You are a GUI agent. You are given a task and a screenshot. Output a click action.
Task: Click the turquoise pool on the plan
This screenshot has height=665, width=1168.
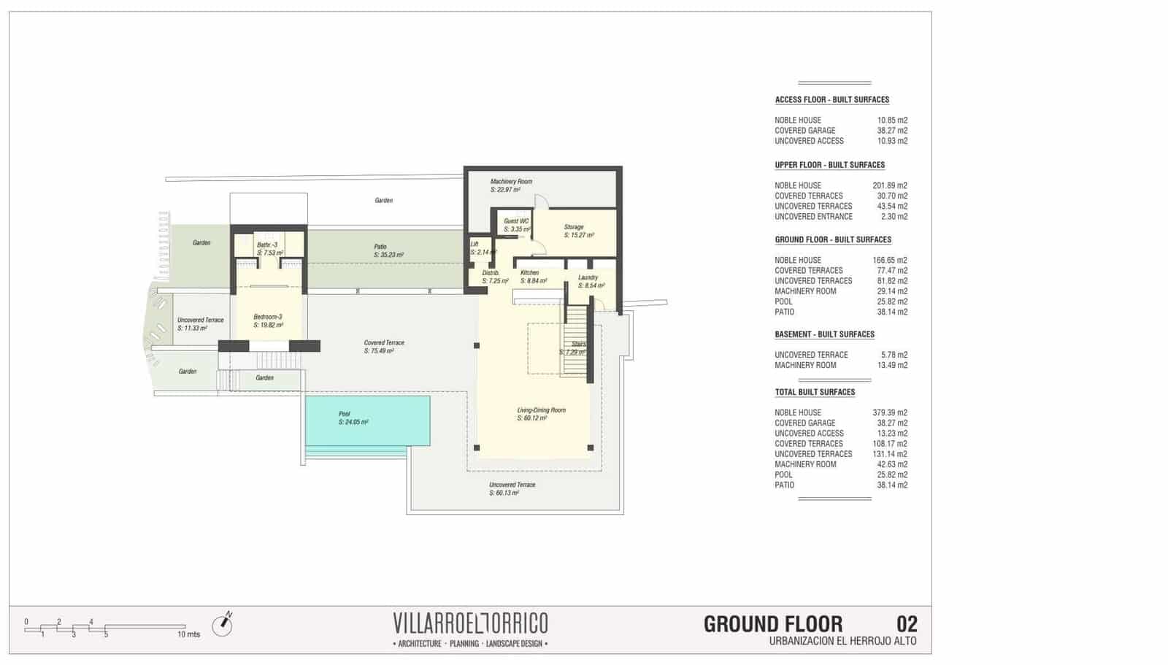[366, 420]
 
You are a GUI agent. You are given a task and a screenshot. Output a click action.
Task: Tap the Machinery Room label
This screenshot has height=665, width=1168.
[511, 182]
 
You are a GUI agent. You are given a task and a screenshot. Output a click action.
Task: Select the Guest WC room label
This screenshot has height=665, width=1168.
[516, 221]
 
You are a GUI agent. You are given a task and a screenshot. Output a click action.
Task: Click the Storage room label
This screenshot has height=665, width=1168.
[574, 227]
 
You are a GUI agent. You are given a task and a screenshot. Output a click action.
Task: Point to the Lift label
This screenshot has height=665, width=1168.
[474, 245]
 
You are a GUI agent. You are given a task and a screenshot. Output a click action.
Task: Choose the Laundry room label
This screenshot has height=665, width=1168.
[588, 277]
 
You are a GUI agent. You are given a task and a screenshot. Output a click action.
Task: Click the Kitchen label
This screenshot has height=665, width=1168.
[529, 273]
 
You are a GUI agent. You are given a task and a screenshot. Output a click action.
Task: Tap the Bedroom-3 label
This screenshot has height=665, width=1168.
[267, 317]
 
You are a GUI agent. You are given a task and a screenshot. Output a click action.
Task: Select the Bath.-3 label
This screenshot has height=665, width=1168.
[267, 245]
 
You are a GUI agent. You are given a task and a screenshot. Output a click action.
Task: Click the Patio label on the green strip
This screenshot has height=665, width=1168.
[380, 247]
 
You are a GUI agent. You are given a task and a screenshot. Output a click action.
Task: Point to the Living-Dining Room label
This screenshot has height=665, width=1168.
[541, 410]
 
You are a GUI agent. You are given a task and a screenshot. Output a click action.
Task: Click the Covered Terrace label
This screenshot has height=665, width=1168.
[384, 342]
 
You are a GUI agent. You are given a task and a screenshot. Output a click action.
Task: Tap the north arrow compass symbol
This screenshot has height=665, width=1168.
[222, 625]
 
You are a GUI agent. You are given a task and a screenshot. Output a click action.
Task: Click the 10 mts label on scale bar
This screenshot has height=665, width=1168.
[188, 634]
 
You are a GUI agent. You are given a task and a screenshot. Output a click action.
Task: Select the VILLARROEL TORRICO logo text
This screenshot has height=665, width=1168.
[470, 623]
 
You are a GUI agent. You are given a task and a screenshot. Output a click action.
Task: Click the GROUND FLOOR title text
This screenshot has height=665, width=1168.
[772, 625]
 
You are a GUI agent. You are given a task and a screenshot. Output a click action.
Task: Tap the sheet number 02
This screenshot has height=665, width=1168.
[907, 624]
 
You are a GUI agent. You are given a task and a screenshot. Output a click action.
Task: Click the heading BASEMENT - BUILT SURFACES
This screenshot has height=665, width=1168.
[824, 334]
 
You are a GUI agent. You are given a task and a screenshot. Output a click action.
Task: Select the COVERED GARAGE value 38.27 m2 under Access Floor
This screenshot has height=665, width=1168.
[892, 131]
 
